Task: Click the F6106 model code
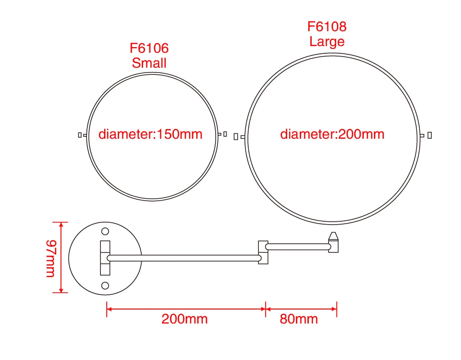point(149,48)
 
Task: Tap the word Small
point(149,63)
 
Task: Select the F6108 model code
point(327,27)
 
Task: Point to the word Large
point(327,41)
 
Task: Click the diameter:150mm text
point(150,134)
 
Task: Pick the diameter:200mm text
point(332,134)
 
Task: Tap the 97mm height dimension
point(51,259)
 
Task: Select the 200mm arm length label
point(184,319)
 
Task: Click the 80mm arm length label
point(299,319)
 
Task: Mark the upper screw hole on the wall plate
point(105,231)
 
